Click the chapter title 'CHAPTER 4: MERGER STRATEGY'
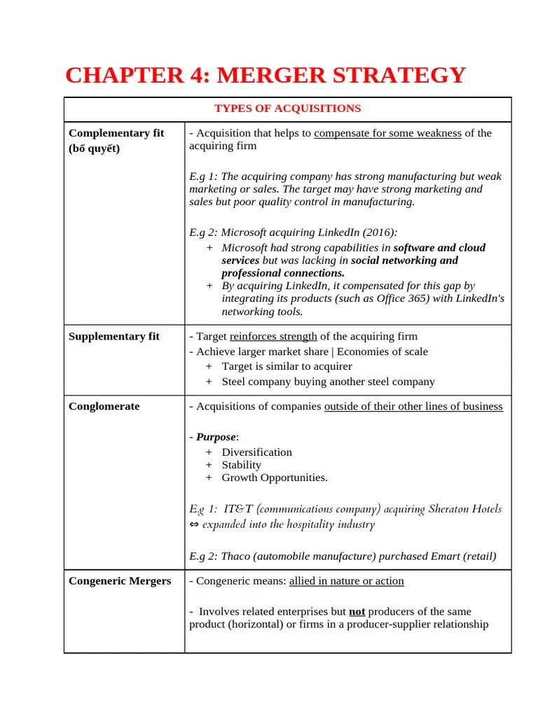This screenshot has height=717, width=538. click(x=265, y=75)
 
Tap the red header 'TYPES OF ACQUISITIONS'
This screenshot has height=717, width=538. click(x=287, y=109)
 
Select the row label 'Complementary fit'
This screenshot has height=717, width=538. click(x=116, y=133)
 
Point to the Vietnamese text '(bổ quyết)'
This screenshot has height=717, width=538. click(x=95, y=148)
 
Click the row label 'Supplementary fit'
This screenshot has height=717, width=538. click(x=114, y=336)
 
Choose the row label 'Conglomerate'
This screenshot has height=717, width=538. click(x=104, y=406)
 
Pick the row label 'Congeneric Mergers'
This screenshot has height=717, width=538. click(x=120, y=581)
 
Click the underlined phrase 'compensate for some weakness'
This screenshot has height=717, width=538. click(x=387, y=133)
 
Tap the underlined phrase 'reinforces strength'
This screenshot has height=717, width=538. click(x=273, y=336)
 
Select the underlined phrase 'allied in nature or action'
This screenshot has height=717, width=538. click(x=346, y=581)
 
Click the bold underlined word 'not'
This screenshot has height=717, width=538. click(x=357, y=611)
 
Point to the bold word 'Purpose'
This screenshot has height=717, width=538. click(x=215, y=437)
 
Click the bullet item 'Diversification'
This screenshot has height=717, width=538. click(x=256, y=452)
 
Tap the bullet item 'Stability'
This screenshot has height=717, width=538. click(x=241, y=465)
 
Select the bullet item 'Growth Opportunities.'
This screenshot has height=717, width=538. click(x=274, y=478)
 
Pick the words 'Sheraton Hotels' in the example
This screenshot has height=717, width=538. click(x=462, y=509)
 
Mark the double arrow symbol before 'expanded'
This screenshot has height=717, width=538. click(x=195, y=524)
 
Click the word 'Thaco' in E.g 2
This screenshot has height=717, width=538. click(x=235, y=557)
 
